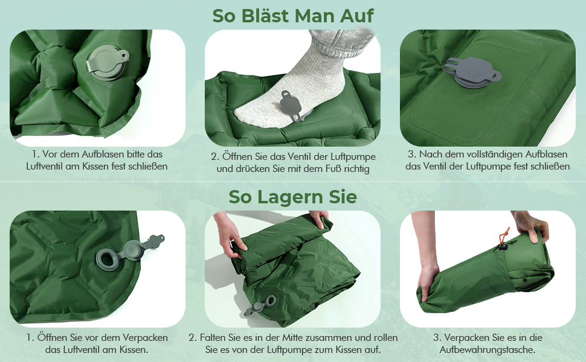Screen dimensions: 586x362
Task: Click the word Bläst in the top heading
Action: pos(265,16)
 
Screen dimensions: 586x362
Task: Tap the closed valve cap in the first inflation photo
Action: pos(108,62)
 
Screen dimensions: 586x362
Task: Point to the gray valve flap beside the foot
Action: pos(291,105)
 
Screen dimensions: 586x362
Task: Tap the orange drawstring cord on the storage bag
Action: pos(503,236)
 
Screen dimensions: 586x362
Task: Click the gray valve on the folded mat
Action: pos(262,304)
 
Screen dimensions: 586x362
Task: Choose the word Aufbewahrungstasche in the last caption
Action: pos(488,350)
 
